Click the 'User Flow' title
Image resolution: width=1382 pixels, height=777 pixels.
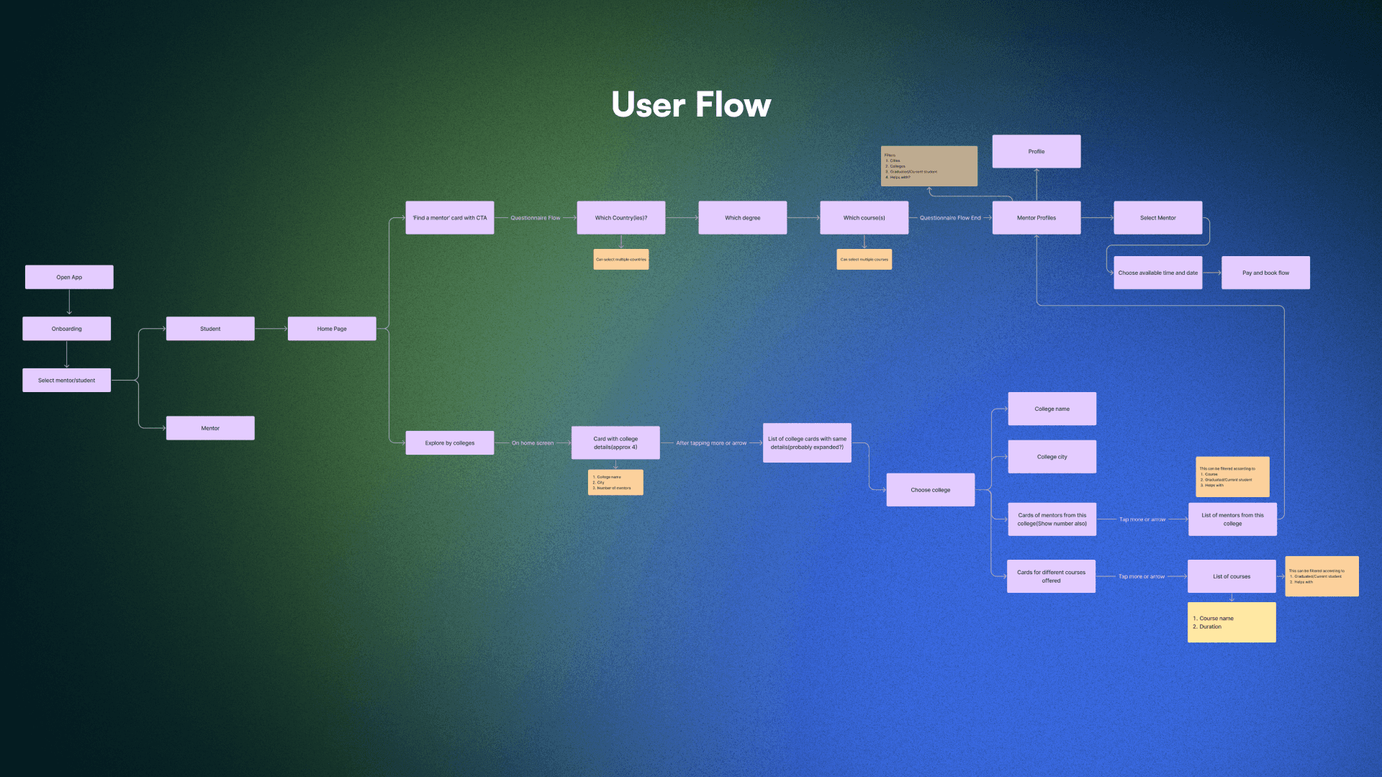[691, 105]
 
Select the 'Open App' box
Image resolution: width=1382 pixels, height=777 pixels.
[69, 277]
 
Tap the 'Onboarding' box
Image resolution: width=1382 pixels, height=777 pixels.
[66, 329]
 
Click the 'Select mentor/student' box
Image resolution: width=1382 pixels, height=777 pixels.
[66, 380]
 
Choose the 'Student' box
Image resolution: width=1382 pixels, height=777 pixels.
[210, 329]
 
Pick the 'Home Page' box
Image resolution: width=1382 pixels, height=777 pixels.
[332, 329]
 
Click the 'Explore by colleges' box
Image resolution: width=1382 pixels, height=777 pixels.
[450, 443]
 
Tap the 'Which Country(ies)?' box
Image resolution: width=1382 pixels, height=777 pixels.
[621, 218]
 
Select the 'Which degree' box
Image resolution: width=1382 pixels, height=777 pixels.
[742, 218]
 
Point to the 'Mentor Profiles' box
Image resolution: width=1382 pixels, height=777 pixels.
[1036, 218]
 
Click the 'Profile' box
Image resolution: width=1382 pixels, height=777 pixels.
[1036, 152]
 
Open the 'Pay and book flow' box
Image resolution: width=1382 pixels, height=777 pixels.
[1265, 273]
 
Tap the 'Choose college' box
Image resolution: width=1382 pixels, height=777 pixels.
[931, 490]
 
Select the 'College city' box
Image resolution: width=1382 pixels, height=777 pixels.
[1052, 457]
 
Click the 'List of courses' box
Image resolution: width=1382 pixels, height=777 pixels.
[1232, 576]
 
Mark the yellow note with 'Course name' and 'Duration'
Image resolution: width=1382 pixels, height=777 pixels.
[1232, 622]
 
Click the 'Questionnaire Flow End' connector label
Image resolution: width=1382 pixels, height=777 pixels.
[950, 218]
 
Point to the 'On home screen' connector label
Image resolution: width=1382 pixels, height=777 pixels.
[533, 443]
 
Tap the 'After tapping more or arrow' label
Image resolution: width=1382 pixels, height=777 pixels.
[711, 443]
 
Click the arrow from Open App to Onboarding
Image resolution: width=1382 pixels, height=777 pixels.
[69, 303]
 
